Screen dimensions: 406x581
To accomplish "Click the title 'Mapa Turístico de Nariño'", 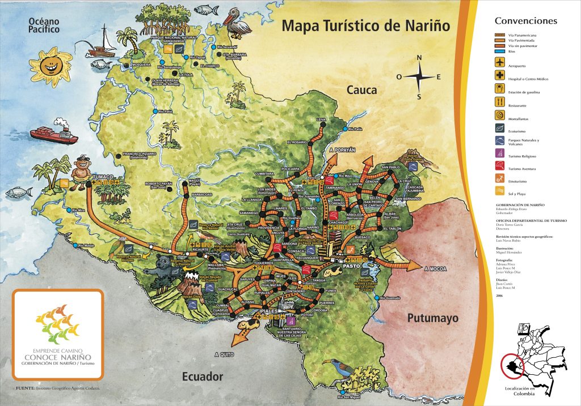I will coord(365,25).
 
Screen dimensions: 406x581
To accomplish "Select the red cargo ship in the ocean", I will coord(53,131).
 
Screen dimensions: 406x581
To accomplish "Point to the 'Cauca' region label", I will coord(362,90).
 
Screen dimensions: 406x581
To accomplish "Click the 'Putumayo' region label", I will coord(432,318).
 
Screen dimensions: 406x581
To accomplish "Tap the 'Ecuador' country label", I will coord(202,376).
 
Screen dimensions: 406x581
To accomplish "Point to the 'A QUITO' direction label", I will coord(224,354).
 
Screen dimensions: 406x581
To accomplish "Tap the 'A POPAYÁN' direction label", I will coord(342,150).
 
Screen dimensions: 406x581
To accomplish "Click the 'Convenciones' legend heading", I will coord(525,21).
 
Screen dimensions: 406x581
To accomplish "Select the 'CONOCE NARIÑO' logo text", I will coord(57,357).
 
